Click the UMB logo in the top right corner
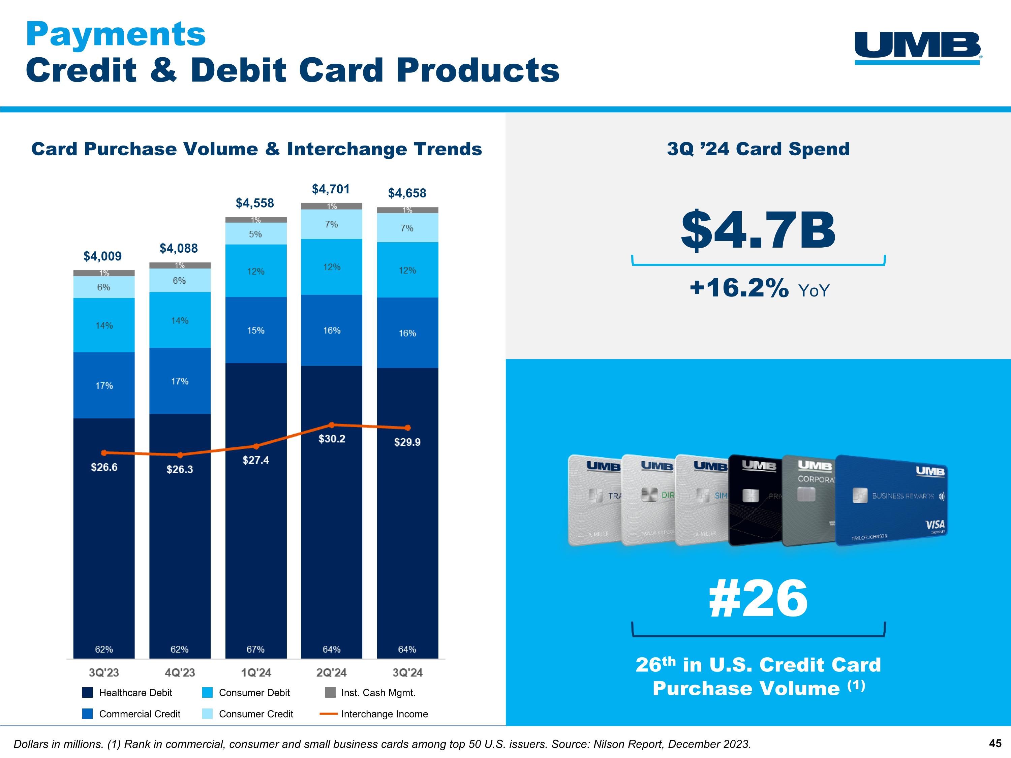[918, 48]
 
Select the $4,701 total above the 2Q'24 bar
[331, 189]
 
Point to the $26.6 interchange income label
[104, 467]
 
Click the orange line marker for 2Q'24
[332, 425]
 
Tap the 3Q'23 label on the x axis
[104, 672]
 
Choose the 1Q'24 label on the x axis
[255, 672]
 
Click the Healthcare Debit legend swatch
[87, 693]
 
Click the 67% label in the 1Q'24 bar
[255, 649]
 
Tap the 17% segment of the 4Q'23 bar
[180, 381]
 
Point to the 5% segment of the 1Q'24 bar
[255, 234]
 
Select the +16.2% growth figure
[739, 288]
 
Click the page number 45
[995, 744]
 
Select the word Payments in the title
[116, 34]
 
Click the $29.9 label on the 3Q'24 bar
[407, 442]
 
